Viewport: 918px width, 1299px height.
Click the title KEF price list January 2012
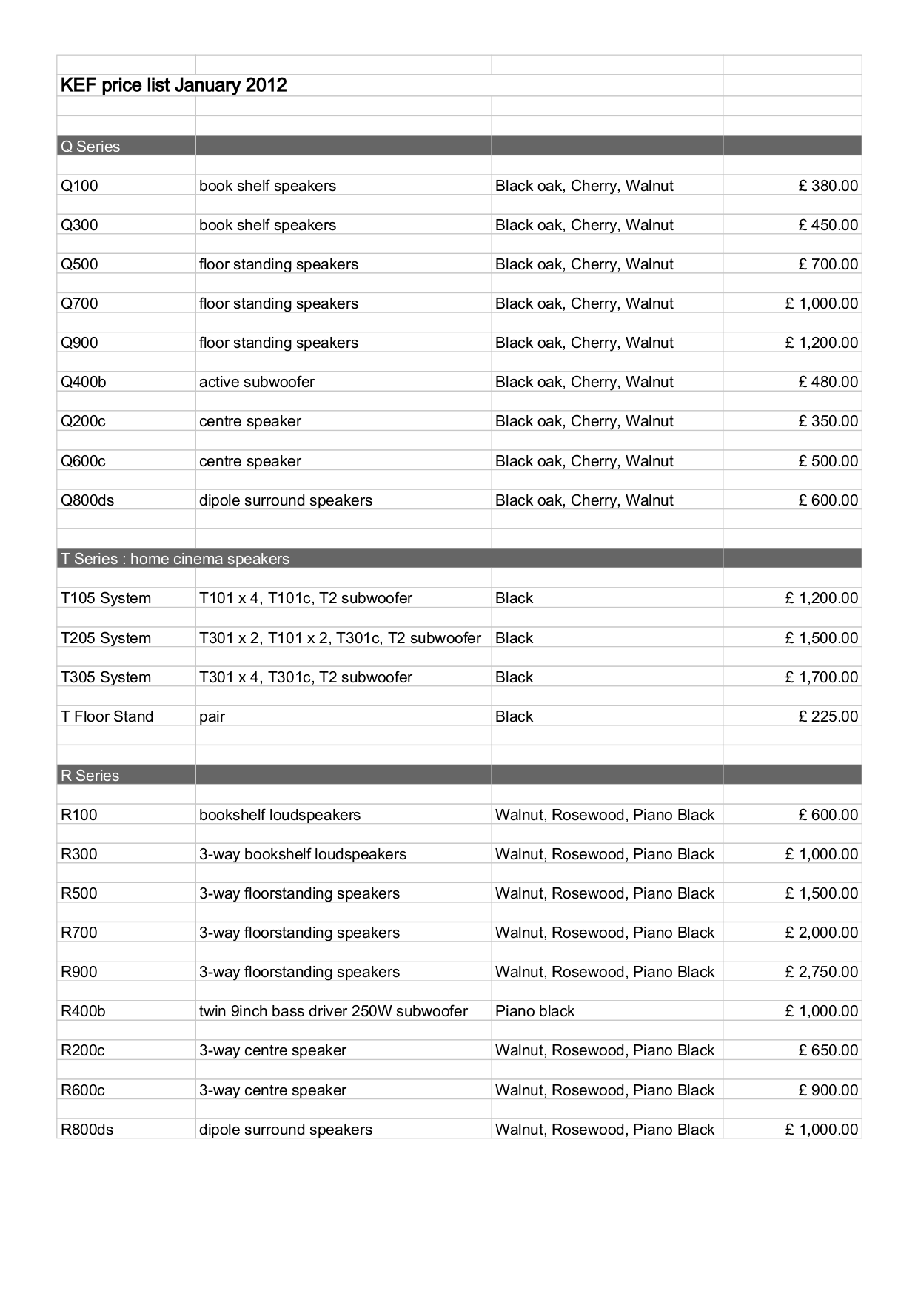point(173,85)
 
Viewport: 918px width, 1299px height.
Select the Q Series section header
point(90,147)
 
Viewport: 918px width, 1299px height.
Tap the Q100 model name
point(79,186)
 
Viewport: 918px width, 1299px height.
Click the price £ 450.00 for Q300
point(828,225)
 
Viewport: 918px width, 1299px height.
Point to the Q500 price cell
point(828,264)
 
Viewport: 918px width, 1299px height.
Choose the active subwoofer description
point(256,382)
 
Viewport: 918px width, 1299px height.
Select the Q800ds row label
point(87,500)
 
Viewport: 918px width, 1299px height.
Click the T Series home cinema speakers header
point(175,559)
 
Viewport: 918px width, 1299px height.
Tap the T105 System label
point(106,598)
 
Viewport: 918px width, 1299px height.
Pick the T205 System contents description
point(340,638)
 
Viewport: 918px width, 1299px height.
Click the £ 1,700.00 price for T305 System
point(822,677)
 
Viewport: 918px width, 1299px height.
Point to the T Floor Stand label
point(107,716)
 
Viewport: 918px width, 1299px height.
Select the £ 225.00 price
point(828,716)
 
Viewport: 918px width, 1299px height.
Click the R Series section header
point(90,776)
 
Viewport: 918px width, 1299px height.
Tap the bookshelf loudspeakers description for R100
point(280,815)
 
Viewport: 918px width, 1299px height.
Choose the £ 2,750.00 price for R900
point(822,972)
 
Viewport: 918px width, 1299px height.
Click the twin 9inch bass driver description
point(333,1011)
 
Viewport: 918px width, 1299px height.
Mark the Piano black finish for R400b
point(535,1011)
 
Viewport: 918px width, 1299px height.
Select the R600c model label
point(83,1090)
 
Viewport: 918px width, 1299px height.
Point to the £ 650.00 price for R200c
point(828,1050)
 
